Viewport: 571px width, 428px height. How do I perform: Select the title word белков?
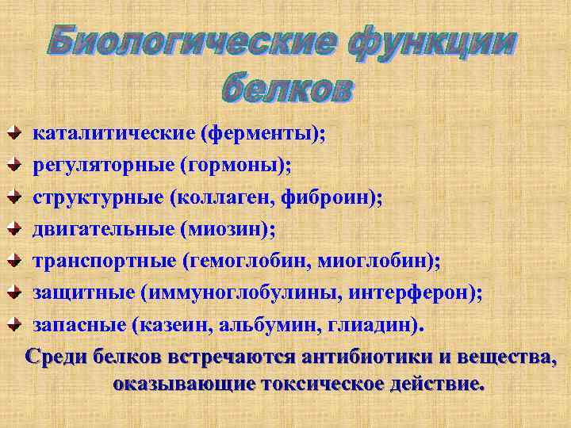pyautogui.click(x=285, y=86)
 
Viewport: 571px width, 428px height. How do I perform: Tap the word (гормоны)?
pyautogui.click(x=236, y=166)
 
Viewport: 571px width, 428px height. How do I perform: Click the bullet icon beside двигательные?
pyautogui.click(x=14, y=230)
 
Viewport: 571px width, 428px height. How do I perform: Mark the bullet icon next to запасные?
pyautogui.click(x=14, y=325)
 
